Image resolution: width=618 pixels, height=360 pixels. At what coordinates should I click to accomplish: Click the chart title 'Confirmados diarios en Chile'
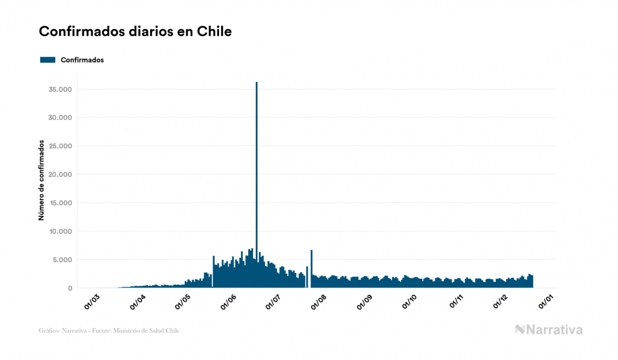tap(135, 32)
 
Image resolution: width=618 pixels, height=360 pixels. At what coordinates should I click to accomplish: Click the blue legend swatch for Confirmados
tap(48, 60)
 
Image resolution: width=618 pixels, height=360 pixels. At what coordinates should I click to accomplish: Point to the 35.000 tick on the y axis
tap(60, 89)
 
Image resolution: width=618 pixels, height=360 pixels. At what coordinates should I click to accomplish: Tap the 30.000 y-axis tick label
tap(60, 118)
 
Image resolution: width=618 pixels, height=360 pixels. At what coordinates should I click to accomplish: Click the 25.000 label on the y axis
tap(60, 146)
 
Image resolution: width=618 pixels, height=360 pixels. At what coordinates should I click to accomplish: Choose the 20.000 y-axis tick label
tap(60, 175)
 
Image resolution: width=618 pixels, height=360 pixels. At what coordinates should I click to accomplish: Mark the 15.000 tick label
tap(60, 203)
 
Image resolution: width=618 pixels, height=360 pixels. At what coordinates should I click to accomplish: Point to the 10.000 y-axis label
tap(60, 231)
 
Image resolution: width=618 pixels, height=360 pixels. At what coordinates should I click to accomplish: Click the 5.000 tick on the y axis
tap(62, 260)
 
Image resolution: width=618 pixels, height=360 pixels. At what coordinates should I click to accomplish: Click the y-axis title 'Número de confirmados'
tap(41, 181)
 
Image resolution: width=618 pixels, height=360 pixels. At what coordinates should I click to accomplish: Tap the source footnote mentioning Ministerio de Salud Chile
tap(109, 331)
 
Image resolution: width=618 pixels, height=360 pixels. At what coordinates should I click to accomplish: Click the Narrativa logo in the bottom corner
tap(549, 330)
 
